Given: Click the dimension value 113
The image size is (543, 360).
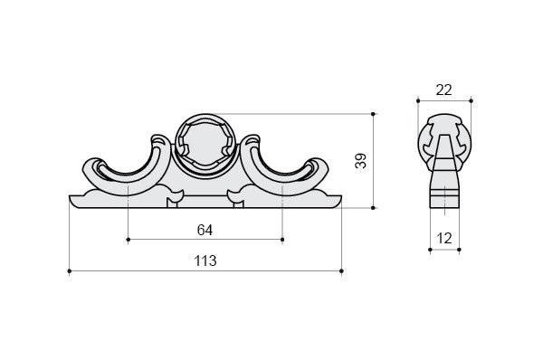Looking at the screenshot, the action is pyautogui.click(x=205, y=261).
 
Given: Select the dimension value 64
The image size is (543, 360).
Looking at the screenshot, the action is pyautogui.click(x=205, y=230).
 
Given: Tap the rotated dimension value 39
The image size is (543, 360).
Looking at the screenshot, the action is pyautogui.click(x=360, y=161).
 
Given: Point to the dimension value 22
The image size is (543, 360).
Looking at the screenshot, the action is pyautogui.click(x=444, y=90).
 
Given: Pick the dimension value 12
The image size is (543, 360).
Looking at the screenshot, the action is pyautogui.click(x=444, y=239).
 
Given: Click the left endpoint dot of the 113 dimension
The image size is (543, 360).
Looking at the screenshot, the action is pyautogui.click(x=70, y=271).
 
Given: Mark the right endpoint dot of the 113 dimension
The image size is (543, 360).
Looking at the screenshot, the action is pyautogui.click(x=342, y=271).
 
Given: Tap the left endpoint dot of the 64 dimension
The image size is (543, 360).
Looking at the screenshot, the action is pyautogui.click(x=129, y=240).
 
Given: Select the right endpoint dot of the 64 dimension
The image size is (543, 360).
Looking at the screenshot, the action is pyautogui.click(x=282, y=240).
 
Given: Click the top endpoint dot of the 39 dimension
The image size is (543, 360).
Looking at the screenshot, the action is pyautogui.click(x=373, y=114).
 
